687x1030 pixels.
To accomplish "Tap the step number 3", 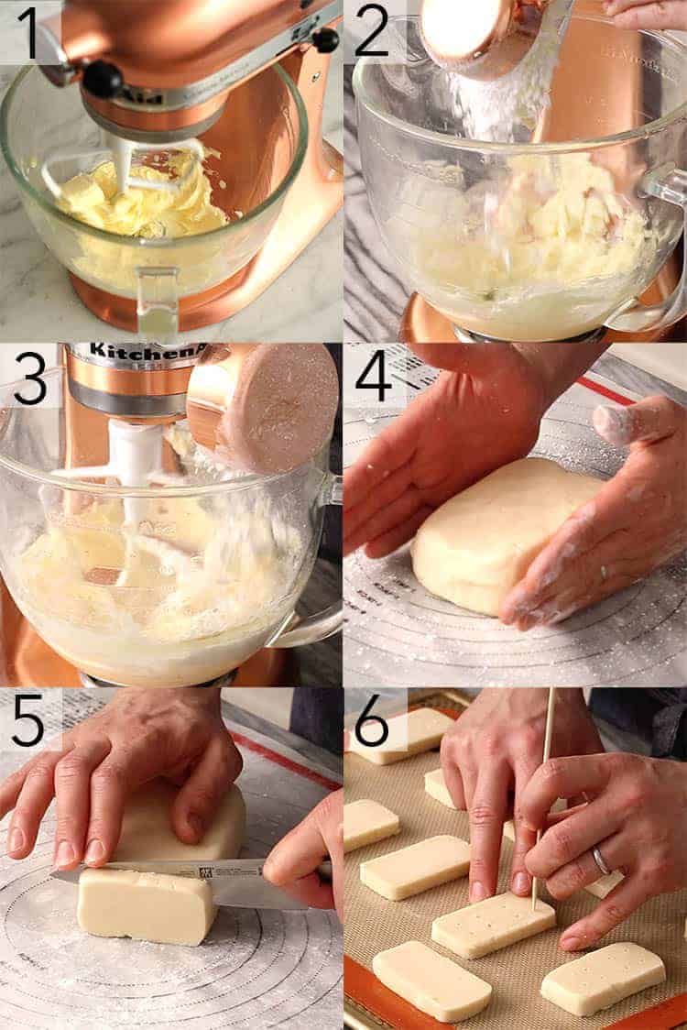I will pyautogui.click(x=29, y=378).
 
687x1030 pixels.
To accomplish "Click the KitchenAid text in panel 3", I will pyautogui.click(x=137, y=352).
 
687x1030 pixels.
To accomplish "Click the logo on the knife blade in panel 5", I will pyautogui.click(x=206, y=871).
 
